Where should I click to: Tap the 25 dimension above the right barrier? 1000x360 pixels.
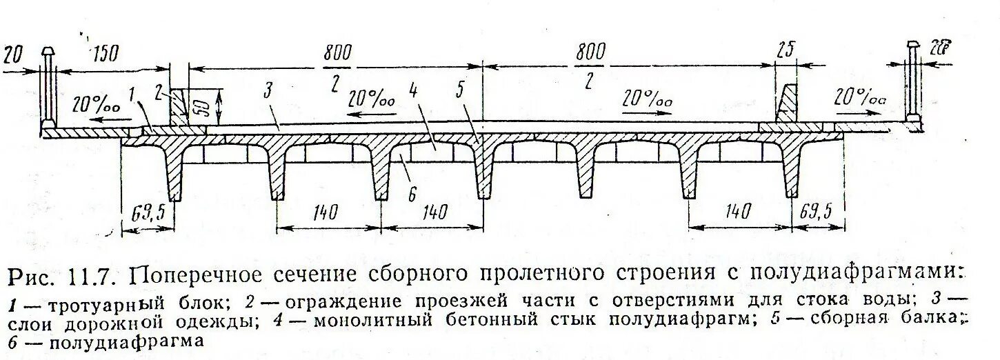[x=786, y=50]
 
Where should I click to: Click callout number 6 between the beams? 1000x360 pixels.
[x=412, y=195]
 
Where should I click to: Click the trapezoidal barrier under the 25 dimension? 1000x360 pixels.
[x=788, y=104]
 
